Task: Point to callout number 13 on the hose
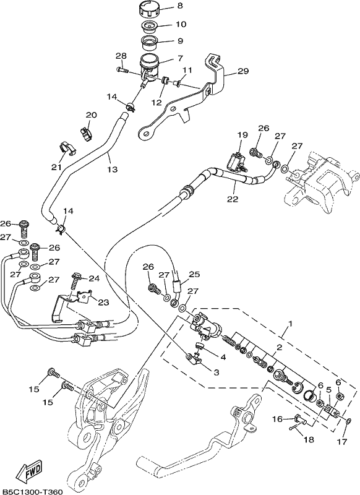click(x=112, y=170)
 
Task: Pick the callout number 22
click(x=233, y=199)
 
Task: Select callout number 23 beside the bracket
click(x=103, y=303)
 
